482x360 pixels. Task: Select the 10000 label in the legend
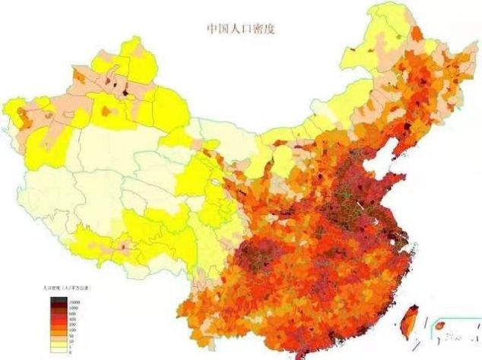[75, 302]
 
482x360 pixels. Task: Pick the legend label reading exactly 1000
[73, 308]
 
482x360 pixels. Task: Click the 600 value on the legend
[72, 314]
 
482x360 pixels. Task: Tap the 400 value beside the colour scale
[72, 319]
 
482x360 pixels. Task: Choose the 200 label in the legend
[72, 325]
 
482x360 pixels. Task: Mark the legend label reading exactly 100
[72, 330]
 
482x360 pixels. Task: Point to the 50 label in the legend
[71, 336]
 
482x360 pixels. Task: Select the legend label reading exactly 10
[71, 341]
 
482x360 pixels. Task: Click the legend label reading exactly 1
[70, 347]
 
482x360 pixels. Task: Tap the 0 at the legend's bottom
[70, 352]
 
